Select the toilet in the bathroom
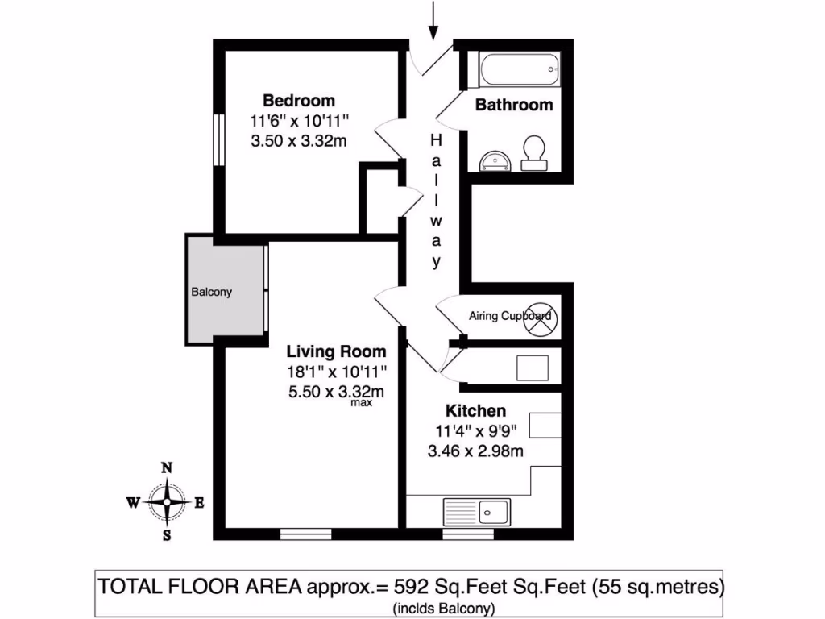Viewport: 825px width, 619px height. tap(533, 152)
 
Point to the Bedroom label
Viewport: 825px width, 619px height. tap(299, 101)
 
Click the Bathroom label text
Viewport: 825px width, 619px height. tap(514, 105)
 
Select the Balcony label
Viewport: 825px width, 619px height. tap(211, 292)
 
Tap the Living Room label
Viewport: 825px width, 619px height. tap(337, 352)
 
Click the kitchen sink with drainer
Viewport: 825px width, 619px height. tap(476, 510)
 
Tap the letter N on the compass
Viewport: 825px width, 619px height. tap(167, 467)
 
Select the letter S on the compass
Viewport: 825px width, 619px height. tap(167, 534)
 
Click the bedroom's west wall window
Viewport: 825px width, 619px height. tap(218, 139)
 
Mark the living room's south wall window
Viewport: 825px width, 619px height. tap(305, 534)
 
